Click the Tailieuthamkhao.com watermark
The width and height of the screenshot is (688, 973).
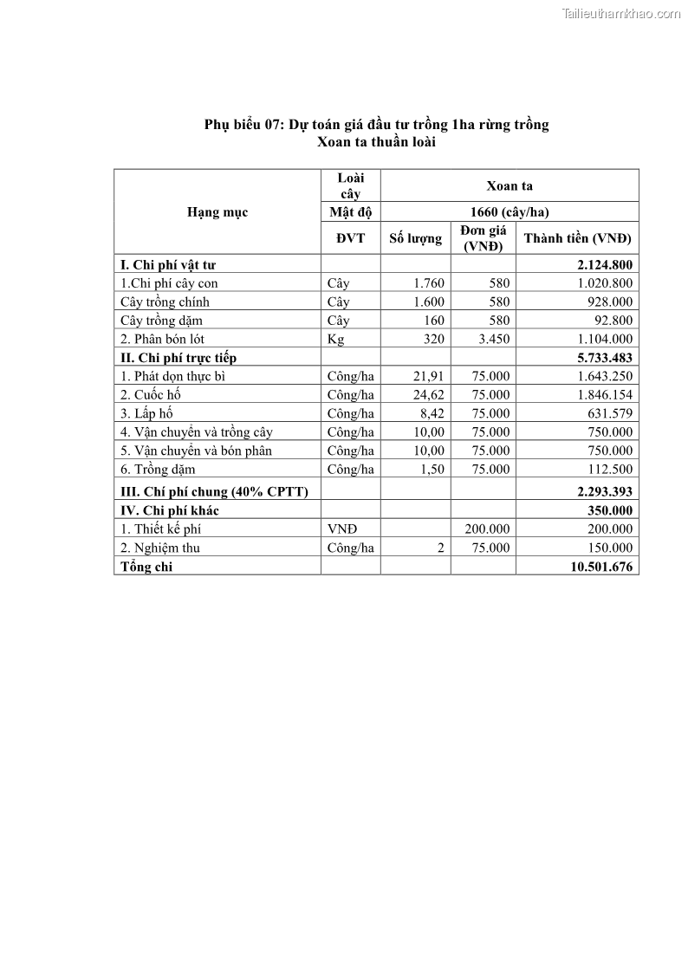tap(621, 13)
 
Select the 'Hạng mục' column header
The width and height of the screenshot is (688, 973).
tap(217, 212)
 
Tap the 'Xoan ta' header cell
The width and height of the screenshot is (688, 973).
tap(510, 185)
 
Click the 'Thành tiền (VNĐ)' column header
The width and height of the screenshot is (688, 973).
tap(577, 238)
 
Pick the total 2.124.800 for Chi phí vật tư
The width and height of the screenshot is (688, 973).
tap(604, 265)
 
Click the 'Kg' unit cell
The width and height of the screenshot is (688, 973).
tap(335, 340)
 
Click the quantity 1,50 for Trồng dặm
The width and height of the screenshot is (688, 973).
tap(432, 470)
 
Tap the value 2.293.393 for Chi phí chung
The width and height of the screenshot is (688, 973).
tap(604, 491)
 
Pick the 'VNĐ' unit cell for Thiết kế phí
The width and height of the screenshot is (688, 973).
tap(341, 529)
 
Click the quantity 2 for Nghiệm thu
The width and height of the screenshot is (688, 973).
tap(440, 548)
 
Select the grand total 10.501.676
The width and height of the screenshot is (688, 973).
tap(600, 567)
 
